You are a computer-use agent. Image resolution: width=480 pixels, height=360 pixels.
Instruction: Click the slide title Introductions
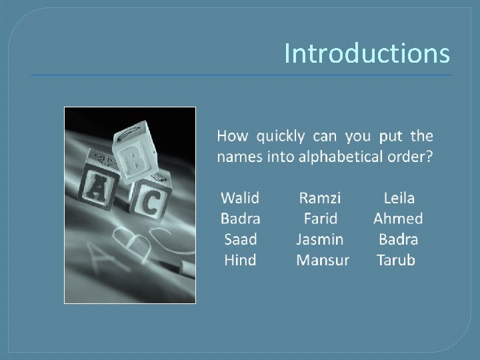367,53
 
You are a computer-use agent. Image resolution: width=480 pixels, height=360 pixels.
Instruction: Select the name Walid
240,198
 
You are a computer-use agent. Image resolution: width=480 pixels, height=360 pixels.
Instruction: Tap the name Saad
240,239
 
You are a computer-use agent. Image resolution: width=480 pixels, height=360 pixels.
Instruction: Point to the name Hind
240,260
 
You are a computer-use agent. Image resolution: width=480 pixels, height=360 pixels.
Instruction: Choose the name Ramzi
320,198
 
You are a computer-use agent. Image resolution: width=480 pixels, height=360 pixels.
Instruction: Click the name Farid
321,219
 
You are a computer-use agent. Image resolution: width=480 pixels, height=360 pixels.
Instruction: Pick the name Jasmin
320,239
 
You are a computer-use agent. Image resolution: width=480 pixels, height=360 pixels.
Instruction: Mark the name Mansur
322,260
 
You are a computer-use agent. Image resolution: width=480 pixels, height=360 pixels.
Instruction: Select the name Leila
399,198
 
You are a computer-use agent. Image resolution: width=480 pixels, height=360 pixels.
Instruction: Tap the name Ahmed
398,219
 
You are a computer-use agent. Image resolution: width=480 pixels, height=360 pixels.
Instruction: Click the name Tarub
396,260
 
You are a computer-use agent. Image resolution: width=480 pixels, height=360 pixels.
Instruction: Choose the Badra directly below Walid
240,219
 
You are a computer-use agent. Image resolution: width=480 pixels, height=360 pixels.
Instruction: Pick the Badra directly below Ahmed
398,239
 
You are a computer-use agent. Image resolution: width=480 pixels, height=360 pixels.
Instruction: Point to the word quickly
281,137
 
